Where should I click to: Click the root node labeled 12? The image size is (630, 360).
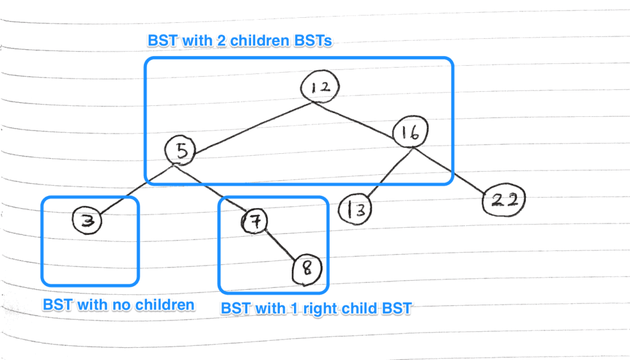[x=320, y=87]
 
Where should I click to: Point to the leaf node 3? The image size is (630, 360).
[x=87, y=220]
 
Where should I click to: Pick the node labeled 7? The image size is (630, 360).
[x=254, y=220]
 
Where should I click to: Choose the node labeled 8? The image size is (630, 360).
[x=306, y=270]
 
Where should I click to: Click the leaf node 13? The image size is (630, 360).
[x=356, y=209]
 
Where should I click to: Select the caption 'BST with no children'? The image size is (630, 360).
[x=118, y=304]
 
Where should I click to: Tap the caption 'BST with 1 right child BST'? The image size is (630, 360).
[x=316, y=308]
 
